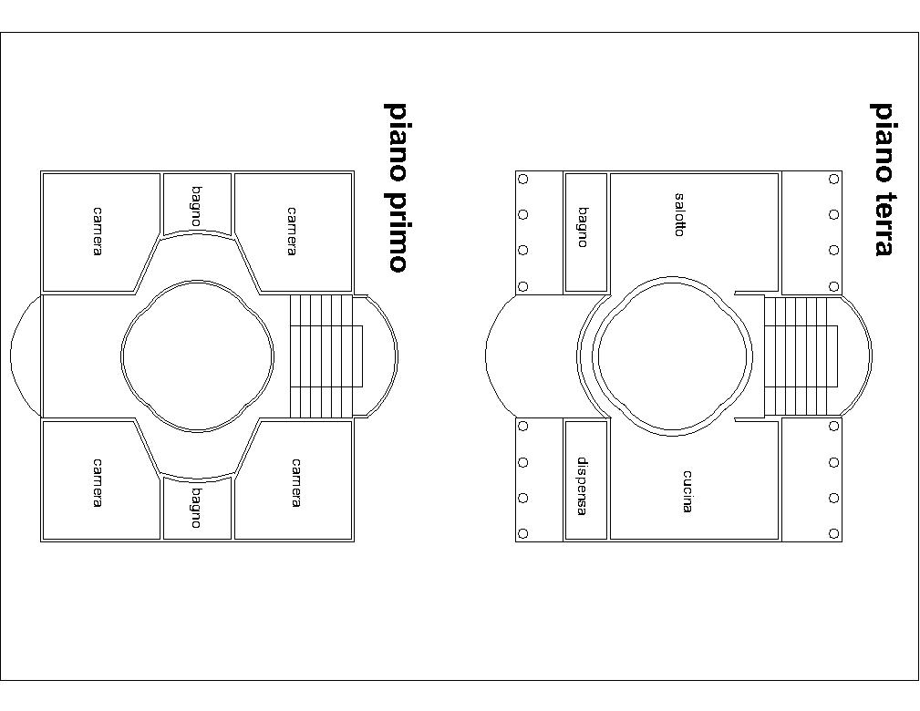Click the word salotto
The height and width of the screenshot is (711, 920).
coord(679,215)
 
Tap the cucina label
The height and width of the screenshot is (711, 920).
coord(687,491)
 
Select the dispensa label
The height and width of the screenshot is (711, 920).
coord(582,487)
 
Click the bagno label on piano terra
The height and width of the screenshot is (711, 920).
coord(582,227)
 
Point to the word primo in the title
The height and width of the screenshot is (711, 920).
coord(398,230)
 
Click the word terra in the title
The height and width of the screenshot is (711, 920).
coord(882,223)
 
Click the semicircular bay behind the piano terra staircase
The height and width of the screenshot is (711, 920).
coord(871,356)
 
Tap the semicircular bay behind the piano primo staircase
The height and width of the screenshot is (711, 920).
coord(397,356)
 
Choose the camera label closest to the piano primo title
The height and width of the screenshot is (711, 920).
coord(292,232)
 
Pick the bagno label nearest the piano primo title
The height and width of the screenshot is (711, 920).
coord(196,206)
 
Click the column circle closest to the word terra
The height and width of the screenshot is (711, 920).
coord(833,251)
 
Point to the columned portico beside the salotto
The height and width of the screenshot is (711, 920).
coord(811,232)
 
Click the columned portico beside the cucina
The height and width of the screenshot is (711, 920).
coord(811,479)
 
